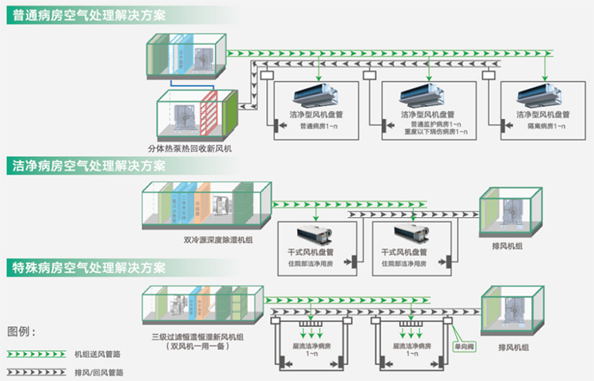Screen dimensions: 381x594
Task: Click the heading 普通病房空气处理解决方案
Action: pos(88,17)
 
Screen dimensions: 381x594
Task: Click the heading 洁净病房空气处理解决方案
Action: pos(88,166)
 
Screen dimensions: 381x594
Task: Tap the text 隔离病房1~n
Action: pos(541,126)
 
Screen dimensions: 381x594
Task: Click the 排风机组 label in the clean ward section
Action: pos(508,246)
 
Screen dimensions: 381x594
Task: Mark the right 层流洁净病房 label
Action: pos(413,346)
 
